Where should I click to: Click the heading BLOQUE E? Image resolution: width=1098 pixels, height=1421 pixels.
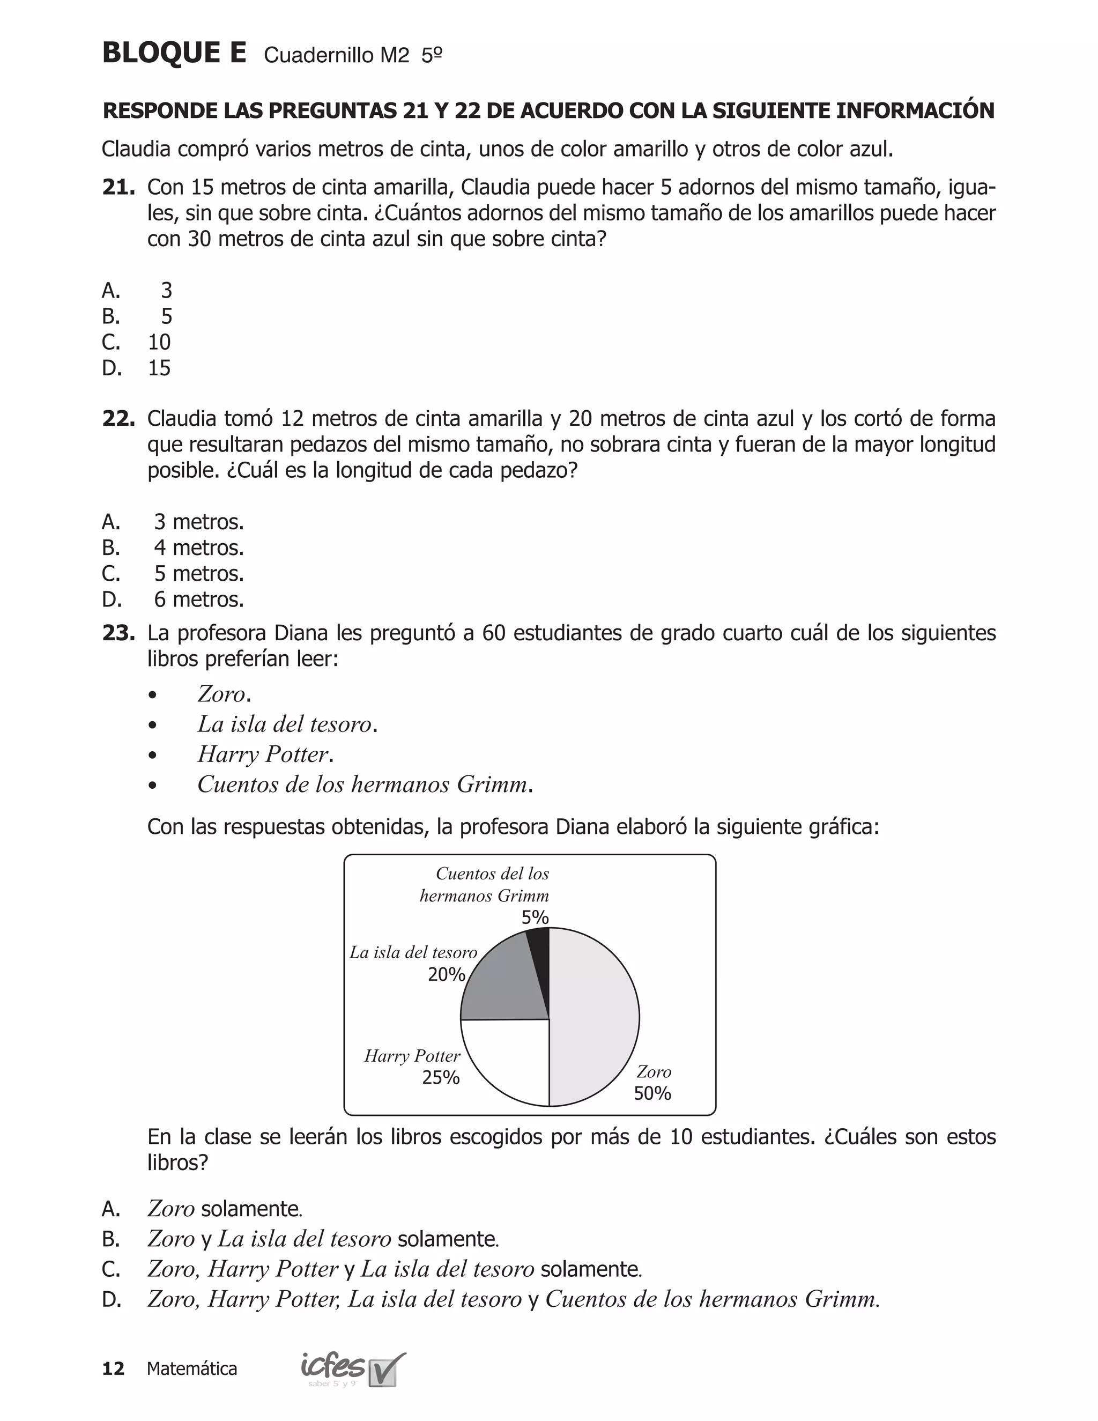click(174, 53)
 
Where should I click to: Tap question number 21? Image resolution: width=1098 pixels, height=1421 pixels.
click(118, 187)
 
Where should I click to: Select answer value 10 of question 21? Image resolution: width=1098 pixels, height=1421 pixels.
click(159, 342)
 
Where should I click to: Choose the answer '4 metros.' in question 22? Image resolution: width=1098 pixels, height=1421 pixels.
click(198, 548)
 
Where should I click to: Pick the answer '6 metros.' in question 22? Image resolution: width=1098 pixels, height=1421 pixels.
click(198, 600)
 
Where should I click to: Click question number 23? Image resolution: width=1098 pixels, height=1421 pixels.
click(118, 633)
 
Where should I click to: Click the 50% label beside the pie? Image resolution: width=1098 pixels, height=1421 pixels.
click(652, 1094)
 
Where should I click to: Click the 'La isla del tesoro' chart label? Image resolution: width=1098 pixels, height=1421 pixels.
click(413, 952)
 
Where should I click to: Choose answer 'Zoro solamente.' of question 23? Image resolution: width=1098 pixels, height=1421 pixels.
click(225, 1209)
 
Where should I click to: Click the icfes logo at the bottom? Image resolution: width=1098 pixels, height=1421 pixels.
click(351, 1368)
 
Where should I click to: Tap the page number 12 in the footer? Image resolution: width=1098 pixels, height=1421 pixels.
click(113, 1369)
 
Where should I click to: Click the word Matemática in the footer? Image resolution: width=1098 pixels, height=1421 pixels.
click(192, 1369)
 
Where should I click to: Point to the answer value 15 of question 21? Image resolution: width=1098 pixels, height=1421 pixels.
click(159, 368)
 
